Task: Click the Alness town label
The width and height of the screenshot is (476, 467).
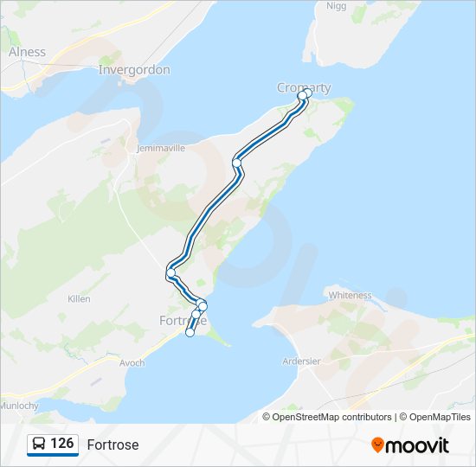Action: coord(27,52)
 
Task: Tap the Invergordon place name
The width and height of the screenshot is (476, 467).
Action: coord(134,69)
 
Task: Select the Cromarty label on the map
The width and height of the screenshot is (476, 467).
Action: coord(303,87)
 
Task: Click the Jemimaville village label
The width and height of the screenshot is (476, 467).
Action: coord(161,148)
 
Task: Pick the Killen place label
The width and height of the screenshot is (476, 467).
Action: coord(79,298)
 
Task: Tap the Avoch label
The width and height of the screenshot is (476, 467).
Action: coord(132,362)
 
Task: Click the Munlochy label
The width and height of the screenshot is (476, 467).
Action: coord(19,405)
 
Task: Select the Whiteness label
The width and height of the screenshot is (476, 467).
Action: coord(350,295)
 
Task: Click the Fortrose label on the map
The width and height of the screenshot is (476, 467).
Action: coord(183,320)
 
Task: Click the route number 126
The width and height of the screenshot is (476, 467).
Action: coord(62,444)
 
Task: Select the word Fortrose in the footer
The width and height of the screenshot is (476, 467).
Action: coord(113,445)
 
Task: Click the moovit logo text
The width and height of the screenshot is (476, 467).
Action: coord(418,445)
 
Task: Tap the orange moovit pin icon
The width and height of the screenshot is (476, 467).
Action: coord(377,445)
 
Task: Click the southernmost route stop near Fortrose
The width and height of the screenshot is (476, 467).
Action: coord(190,332)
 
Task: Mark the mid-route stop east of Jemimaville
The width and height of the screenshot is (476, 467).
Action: coord(236,163)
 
